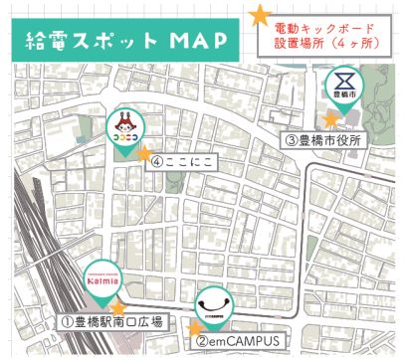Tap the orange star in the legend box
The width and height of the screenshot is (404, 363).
pos(260,15)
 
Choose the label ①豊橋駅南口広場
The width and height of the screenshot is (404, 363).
pos(111,322)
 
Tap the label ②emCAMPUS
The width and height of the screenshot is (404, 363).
pos(236,341)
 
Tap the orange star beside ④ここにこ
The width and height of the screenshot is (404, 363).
pos(144,154)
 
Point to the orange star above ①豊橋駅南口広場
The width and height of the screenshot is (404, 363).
pos(117,306)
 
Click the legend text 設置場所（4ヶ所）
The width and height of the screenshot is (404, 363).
pos(325,45)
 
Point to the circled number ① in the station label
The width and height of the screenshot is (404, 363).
pos(63,322)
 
